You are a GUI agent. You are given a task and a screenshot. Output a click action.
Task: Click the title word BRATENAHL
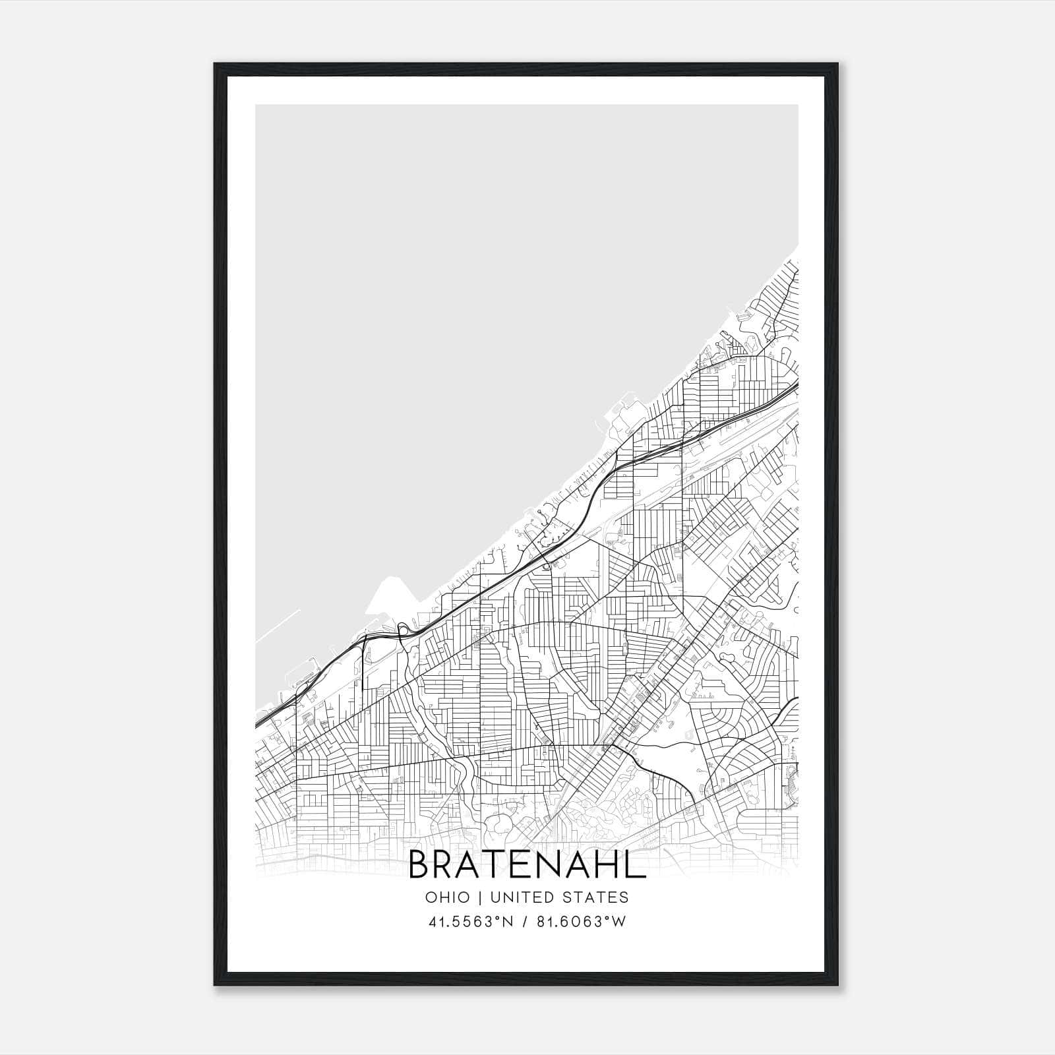pos(527,865)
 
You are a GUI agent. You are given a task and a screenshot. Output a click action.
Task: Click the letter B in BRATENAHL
pos(420,865)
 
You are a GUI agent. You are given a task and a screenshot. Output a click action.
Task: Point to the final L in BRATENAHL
pos(634,865)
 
